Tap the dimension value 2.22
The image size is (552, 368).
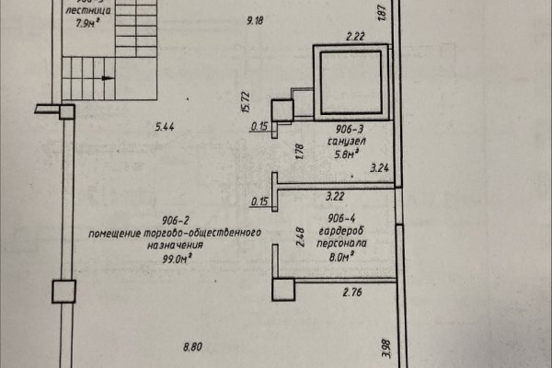point(355,36)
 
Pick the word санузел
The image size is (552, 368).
point(348,144)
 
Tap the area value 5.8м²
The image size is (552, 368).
point(347,156)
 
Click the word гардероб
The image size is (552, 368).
point(348,234)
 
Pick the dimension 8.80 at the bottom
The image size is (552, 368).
point(193,347)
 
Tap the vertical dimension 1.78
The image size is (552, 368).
point(299,152)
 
